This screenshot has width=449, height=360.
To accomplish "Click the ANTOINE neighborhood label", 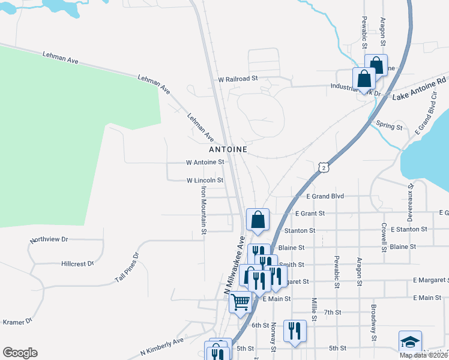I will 228,148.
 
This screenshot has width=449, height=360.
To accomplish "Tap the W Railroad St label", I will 238,79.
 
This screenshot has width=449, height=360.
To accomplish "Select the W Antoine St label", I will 205,162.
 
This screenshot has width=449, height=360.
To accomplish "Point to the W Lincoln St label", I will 205,180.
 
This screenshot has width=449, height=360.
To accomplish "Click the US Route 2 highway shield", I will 324,167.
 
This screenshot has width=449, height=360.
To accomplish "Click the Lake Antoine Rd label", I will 420,88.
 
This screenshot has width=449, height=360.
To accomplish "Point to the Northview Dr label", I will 49,239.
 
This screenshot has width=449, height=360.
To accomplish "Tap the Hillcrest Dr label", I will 77,263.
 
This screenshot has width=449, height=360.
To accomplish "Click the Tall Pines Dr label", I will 127,268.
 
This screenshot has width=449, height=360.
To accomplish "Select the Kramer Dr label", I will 17,322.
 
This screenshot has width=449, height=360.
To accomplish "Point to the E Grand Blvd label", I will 325,196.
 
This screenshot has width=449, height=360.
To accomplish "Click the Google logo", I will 20,353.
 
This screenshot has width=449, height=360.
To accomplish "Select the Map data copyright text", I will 423,355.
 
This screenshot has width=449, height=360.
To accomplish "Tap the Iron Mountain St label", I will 203,209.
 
